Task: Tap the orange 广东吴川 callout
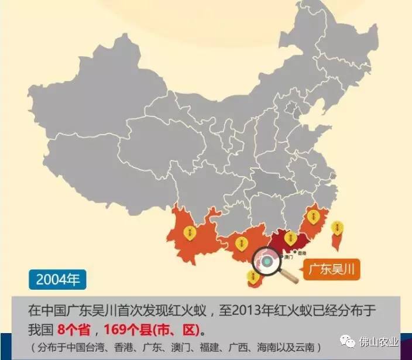(x=331, y=270)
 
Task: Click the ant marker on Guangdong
(x=289, y=237)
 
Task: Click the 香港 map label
(x=302, y=253)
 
